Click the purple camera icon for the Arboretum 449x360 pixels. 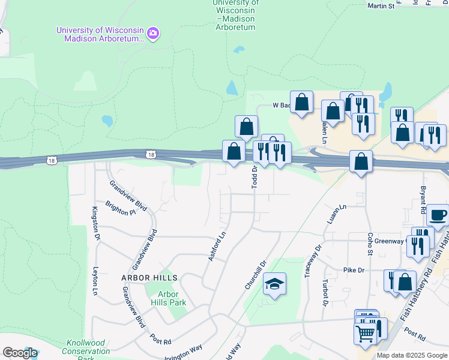153,32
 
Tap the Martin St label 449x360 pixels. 381,6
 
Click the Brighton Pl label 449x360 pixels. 121,208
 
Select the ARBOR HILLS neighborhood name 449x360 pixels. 149,278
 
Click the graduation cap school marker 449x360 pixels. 275,284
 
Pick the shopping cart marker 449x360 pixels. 365,333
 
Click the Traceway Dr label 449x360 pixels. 319,256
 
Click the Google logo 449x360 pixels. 19,353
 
